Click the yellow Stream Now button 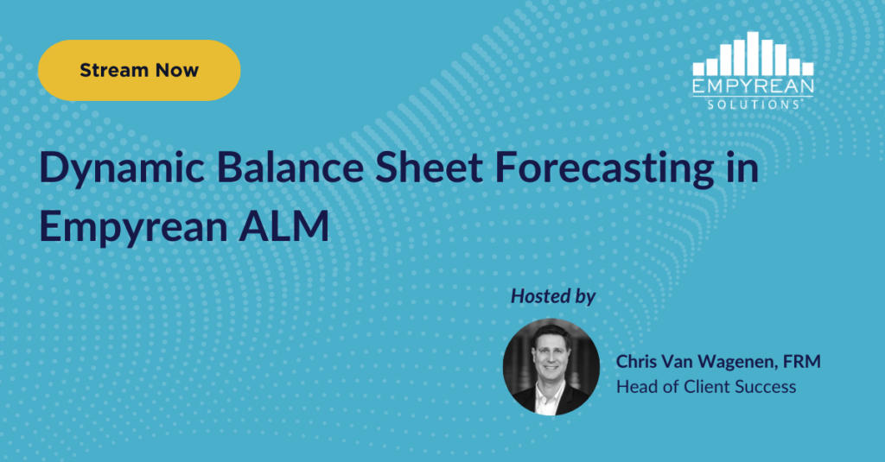pyautogui.click(x=139, y=71)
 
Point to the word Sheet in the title pyautogui.click(x=429, y=168)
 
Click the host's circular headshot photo pyautogui.click(x=551, y=367)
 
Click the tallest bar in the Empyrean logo pyautogui.click(x=753, y=53)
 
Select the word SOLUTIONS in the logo pyautogui.click(x=753, y=104)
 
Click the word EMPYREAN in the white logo pyautogui.click(x=753, y=86)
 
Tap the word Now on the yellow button pyautogui.click(x=177, y=71)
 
